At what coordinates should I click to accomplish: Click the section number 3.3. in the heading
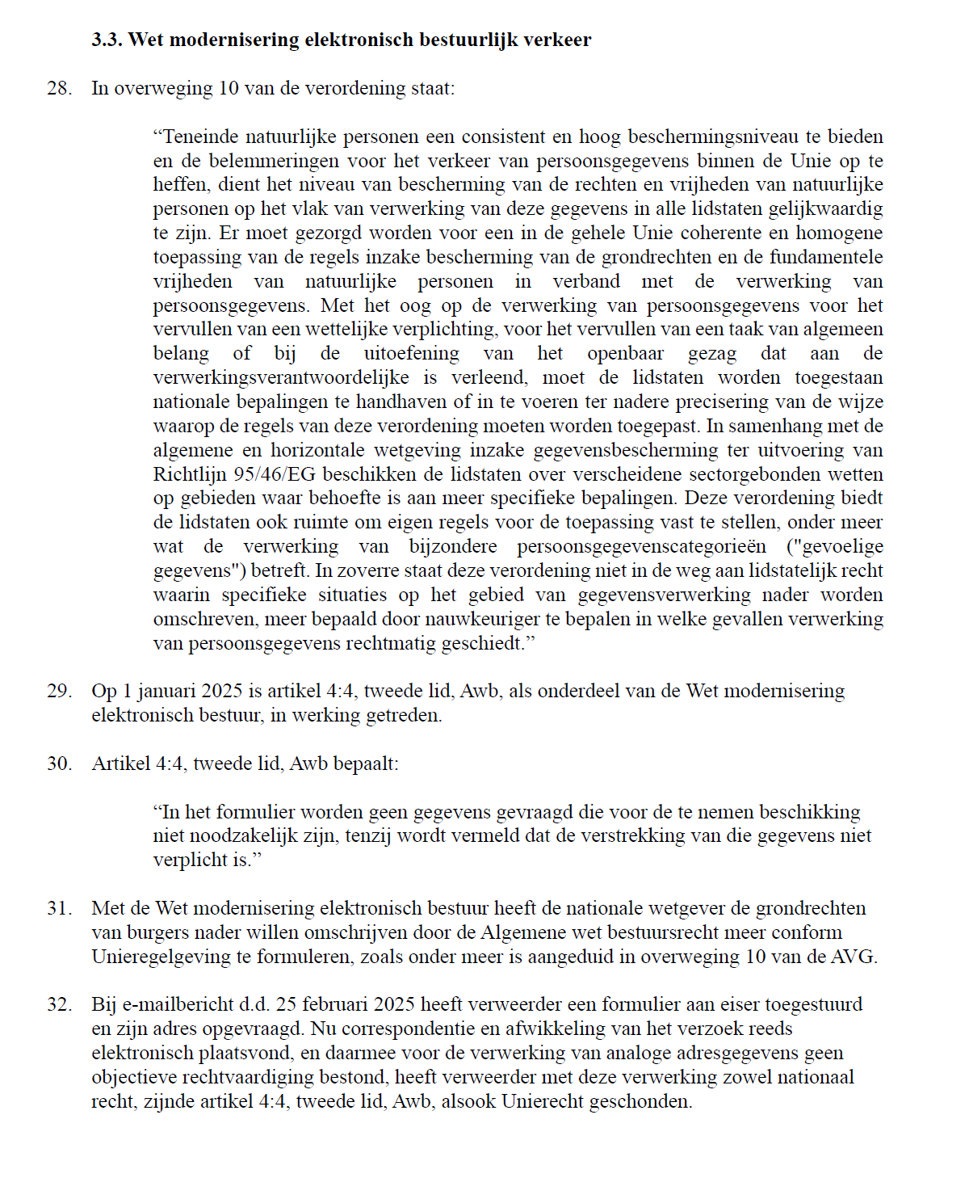pyautogui.click(x=107, y=40)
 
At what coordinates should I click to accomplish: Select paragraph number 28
pyautogui.click(x=59, y=88)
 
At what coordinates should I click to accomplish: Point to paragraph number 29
pyautogui.click(x=59, y=691)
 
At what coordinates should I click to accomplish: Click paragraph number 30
pyautogui.click(x=59, y=764)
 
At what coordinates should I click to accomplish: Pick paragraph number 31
pyautogui.click(x=59, y=908)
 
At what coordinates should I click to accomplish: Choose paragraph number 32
pyautogui.click(x=59, y=1004)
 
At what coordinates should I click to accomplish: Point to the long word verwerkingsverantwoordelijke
pyautogui.click(x=281, y=377)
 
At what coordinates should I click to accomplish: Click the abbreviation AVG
pyautogui.click(x=855, y=957)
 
